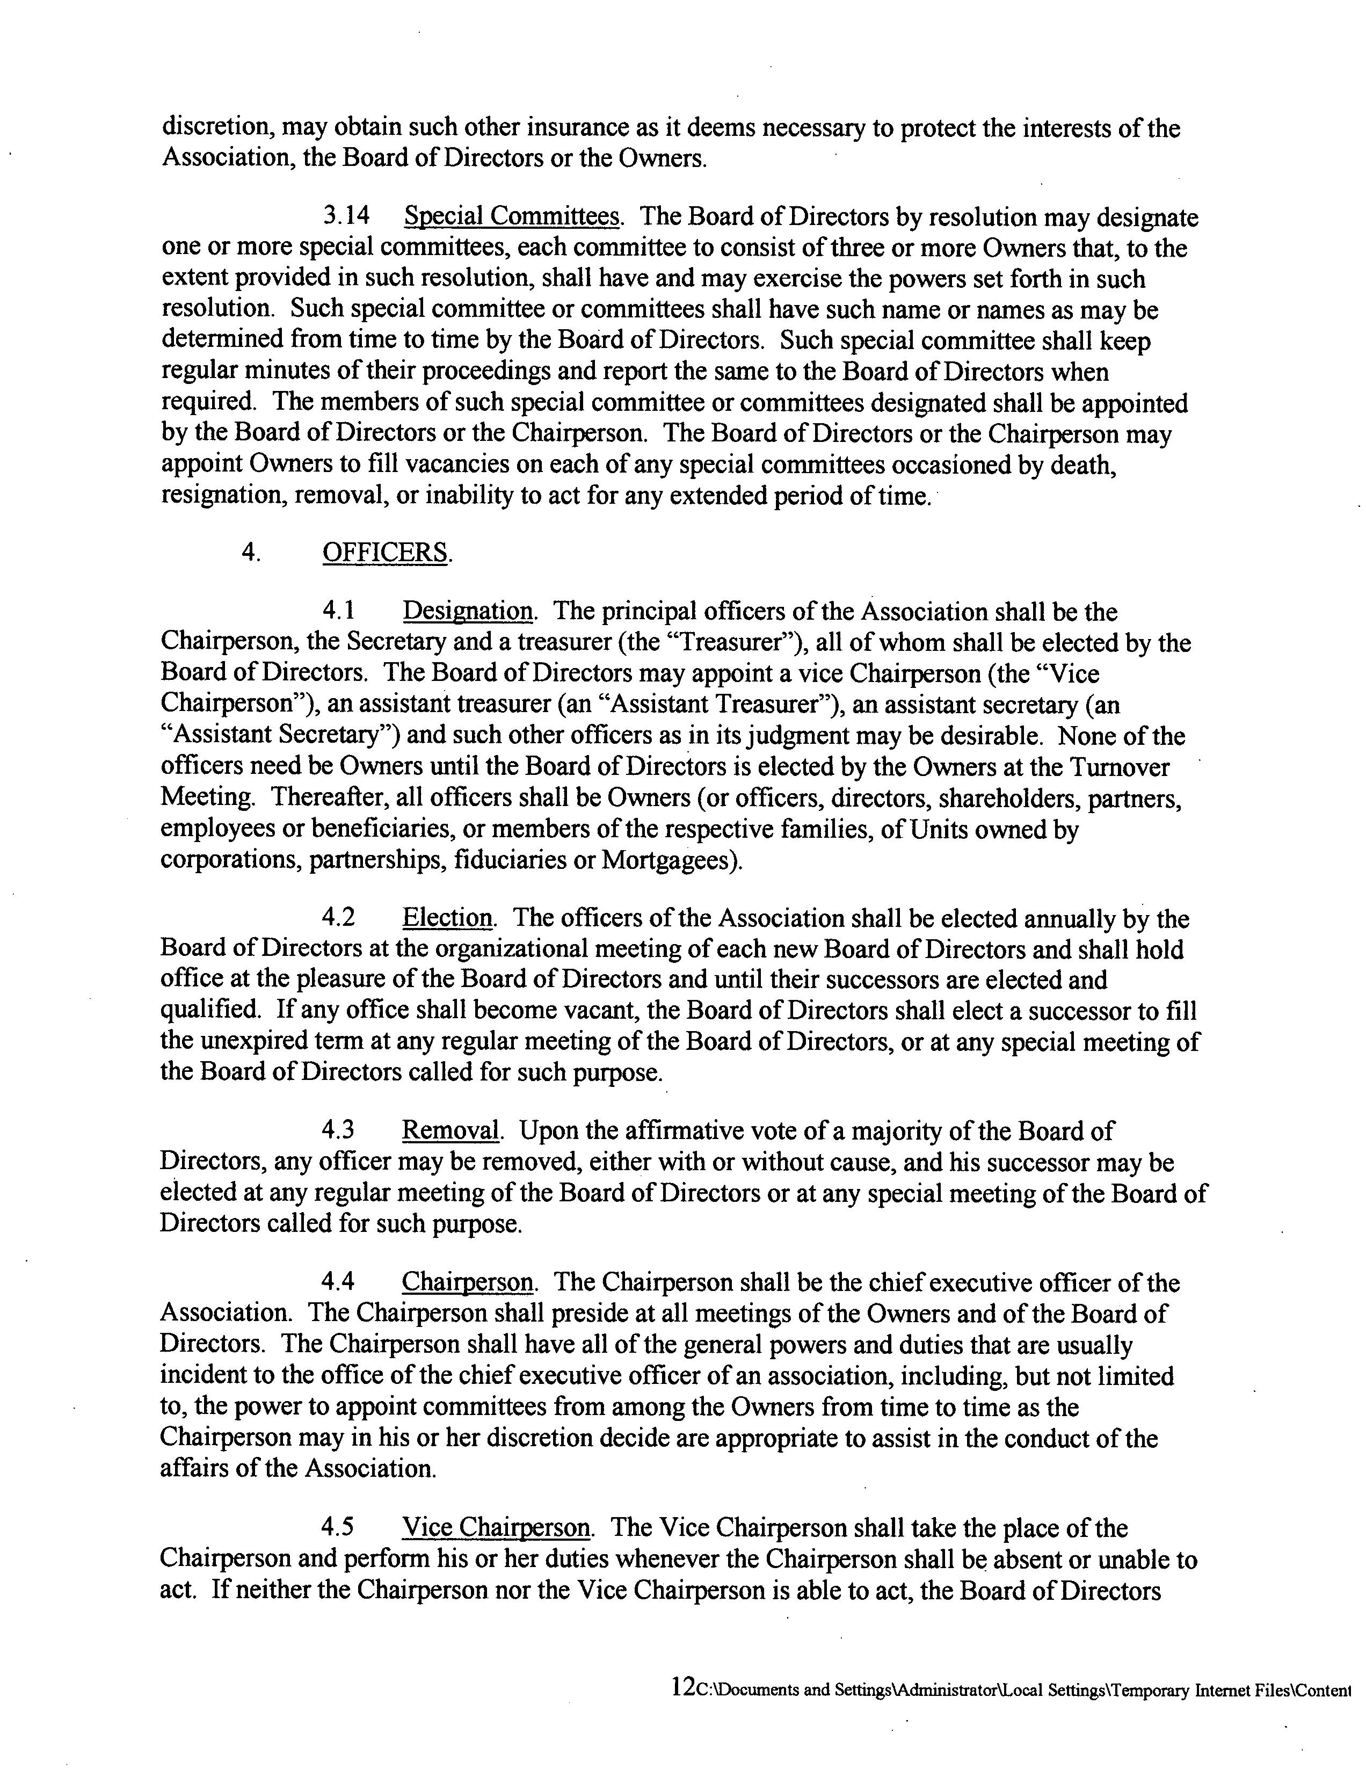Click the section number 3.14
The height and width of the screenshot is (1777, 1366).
coord(346,217)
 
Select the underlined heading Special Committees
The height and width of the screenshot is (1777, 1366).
coord(512,217)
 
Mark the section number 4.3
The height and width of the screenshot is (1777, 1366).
coord(339,1130)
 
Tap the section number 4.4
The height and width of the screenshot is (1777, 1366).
coord(339,1282)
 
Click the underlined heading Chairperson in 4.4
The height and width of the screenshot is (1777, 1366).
coord(468,1282)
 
